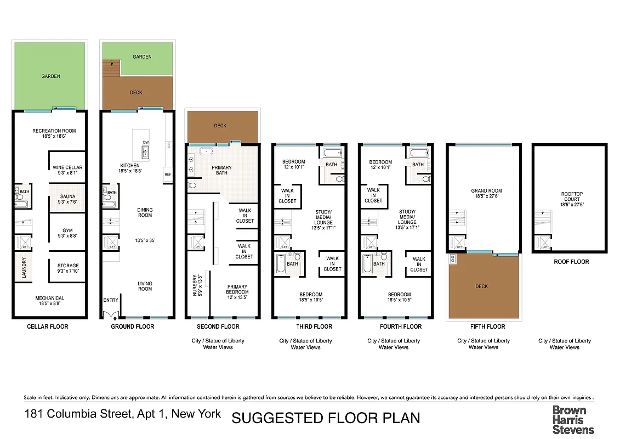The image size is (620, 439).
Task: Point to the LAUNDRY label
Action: (24, 268)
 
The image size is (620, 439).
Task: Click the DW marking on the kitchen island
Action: (146, 142)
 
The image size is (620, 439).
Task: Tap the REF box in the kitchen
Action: (168, 175)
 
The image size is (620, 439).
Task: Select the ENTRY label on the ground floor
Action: (111, 300)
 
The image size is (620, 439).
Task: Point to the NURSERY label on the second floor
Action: (195, 285)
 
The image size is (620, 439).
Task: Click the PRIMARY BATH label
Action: (221, 170)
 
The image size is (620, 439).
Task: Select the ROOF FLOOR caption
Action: (571, 262)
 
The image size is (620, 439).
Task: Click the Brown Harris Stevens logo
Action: (573, 420)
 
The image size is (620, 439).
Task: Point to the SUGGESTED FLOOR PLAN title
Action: (326, 418)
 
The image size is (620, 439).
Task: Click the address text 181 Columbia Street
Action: (123, 413)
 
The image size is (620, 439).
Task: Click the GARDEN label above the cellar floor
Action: (50, 76)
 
